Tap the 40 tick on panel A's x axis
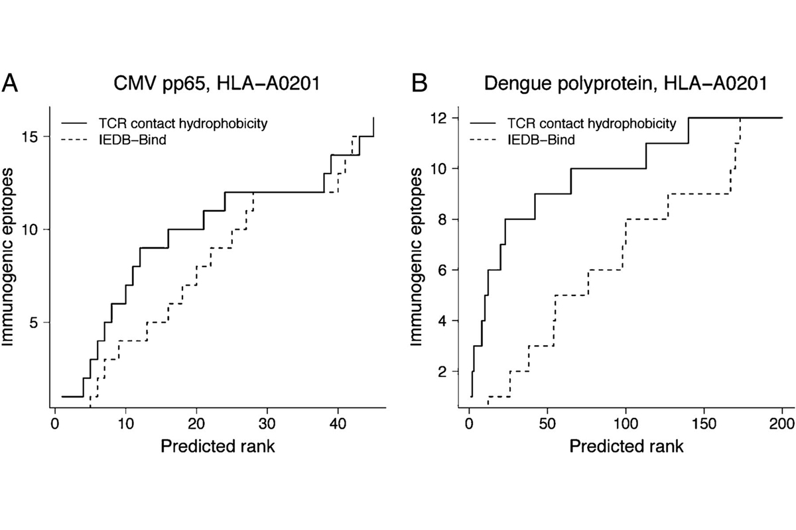tap(338, 423)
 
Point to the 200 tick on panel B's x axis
tap(781, 423)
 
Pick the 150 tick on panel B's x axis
tap(704, 423)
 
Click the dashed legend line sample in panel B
tap(486, 140)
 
